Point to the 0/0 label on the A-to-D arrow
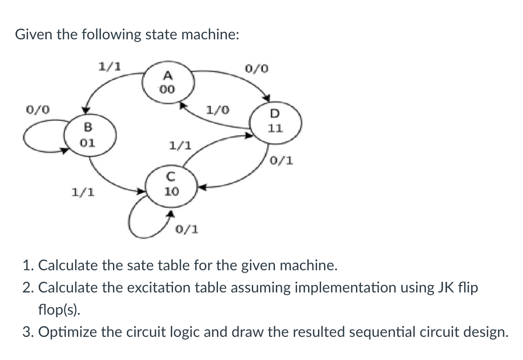[256, 69]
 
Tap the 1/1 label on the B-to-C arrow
[82, 191]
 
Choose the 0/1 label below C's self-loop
[187, 229]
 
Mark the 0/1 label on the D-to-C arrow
[281, 161]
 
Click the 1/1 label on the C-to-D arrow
[180, 147]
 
